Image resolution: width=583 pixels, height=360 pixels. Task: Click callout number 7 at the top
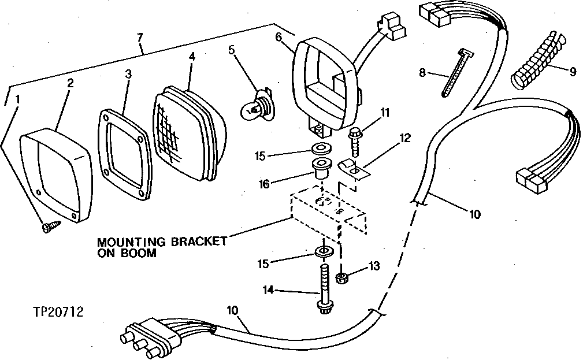click(139, 38)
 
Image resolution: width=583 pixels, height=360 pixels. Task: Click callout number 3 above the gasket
click(128, 75)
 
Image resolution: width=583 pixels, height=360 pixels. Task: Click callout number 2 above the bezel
click(70, 83)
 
